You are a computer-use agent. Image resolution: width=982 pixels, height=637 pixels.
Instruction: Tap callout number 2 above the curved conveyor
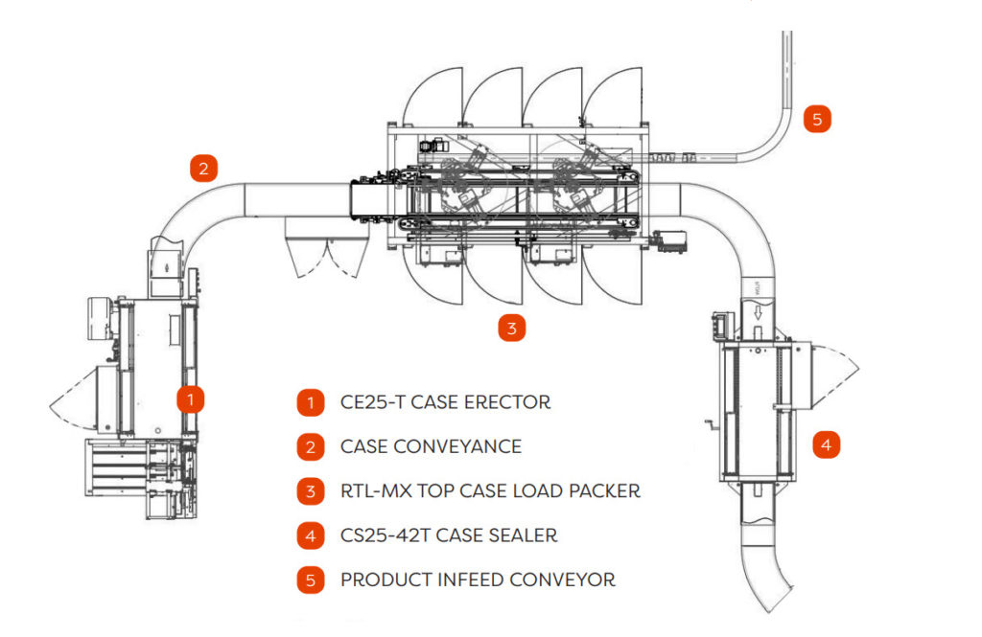(x=203, y=169)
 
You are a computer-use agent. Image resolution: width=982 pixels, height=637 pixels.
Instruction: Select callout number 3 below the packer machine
(x=512, y=329)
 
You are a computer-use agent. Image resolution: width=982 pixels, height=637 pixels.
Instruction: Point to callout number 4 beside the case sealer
(x=827, y=444)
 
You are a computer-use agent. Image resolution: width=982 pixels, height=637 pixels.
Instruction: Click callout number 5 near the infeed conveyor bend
(x=817, y=120)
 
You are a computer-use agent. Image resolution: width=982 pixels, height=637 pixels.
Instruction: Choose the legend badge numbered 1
(x=310, y=402)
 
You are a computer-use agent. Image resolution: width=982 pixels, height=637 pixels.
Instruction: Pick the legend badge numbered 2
(x=310, y=446)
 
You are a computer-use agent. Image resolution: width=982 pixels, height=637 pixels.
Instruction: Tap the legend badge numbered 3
(x=310, y=491)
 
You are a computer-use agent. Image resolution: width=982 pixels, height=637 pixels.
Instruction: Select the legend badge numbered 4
(x=310, y=535)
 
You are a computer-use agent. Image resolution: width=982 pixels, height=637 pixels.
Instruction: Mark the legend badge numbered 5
(x=310, y=580)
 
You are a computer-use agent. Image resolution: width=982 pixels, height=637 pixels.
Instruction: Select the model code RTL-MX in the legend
(x=378, y=491)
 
